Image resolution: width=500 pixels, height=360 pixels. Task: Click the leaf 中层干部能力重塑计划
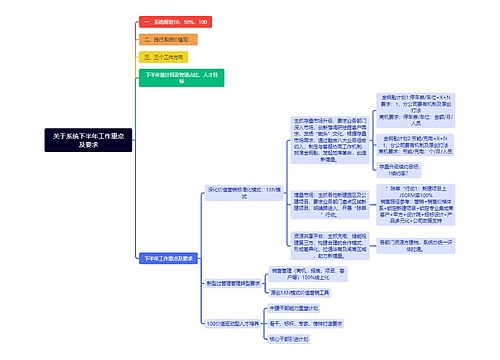click(x=300, y=309)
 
